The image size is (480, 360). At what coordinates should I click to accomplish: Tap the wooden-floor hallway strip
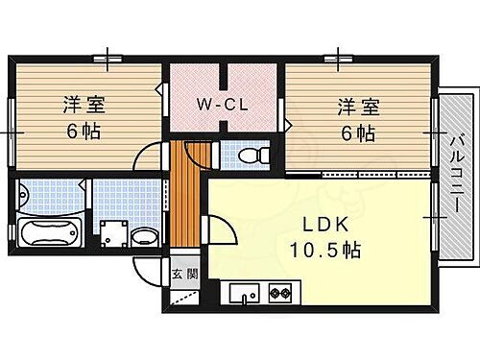(185, 202)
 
